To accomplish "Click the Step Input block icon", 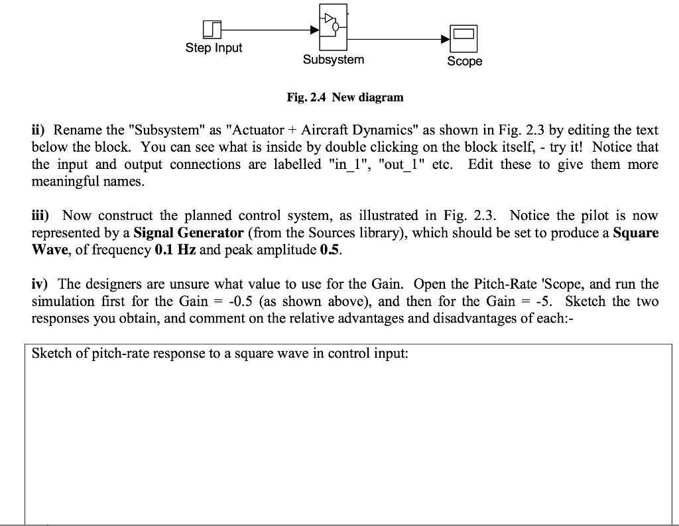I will click(x=212, y=29).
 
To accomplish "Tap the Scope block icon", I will click(x=464, y=39).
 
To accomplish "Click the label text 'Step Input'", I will click(x=214, y=48).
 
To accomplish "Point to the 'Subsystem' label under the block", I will click(x=334, y=60).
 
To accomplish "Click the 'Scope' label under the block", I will click(x=464, y=61).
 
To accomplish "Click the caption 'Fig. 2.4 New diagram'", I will click(x=345, y=97).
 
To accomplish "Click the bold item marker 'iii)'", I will click(x=43, y=216).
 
